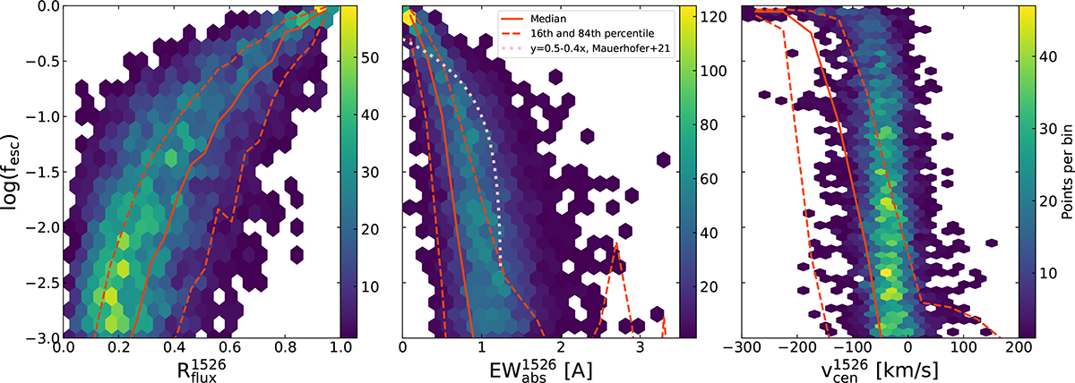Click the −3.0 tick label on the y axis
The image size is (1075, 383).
tap(41, 338)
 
